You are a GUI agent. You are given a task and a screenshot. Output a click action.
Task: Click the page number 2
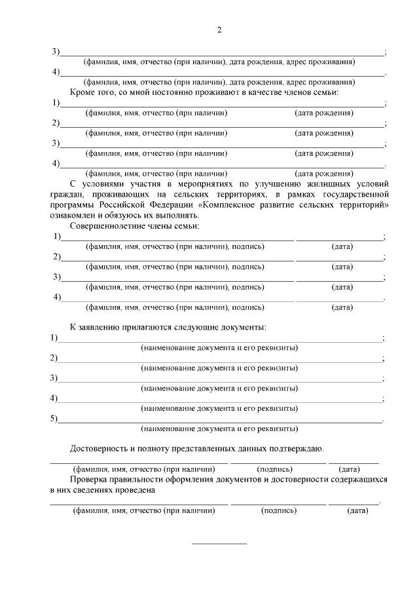coord(219,30)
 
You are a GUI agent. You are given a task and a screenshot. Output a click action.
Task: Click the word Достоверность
coord(98,449)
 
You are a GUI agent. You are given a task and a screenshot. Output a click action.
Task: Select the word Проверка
coord(89,480)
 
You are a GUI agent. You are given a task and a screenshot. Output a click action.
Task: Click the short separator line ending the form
coord(219,543)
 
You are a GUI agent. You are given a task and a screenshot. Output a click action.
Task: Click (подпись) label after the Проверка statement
coord(278,510)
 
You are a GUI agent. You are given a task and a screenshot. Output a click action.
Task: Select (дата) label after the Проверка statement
coord(357,510)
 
